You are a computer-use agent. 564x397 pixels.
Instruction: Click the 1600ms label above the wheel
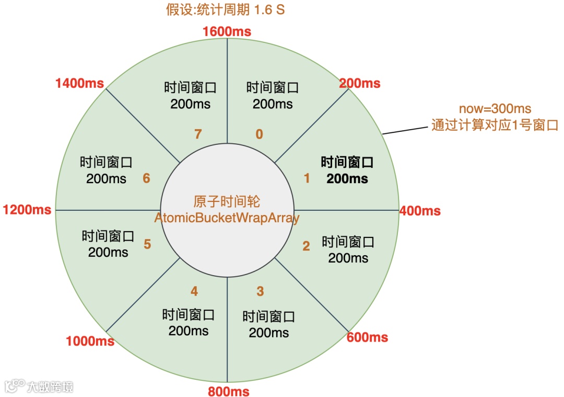tap(226, 31)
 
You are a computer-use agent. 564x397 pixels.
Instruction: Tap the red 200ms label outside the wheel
tap(359, 83)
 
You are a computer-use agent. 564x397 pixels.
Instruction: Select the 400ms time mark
tap(420, 211)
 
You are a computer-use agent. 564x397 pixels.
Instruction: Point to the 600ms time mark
tap(367, 337)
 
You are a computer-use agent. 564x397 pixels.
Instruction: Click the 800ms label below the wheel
tap(228, 391)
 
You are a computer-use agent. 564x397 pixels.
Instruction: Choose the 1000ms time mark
tap(90, 342)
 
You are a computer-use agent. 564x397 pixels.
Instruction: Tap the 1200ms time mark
tap(27, 210)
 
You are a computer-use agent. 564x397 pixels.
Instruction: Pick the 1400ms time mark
tap(79, 83)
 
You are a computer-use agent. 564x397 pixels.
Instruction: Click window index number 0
tap(259, 134)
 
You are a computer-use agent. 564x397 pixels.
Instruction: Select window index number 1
tap(307, 178)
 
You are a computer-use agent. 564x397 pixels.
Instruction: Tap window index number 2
tap(306, 246)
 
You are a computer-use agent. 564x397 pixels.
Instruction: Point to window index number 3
tap(260, 291)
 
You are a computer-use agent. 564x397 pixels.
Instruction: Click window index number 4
tap(194, 291)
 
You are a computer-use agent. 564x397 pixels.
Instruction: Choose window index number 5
tap(147, 244)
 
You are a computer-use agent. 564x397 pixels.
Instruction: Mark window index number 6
tap(146, 178)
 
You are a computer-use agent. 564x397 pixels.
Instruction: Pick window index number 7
tap(197, 134)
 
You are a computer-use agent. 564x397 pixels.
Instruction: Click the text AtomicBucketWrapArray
tap(227, 218)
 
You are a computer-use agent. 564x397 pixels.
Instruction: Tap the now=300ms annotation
tap(495, 109)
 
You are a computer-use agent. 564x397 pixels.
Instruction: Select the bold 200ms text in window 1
tap(347, 178)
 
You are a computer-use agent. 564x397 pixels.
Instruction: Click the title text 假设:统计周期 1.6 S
tap(226, 10)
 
